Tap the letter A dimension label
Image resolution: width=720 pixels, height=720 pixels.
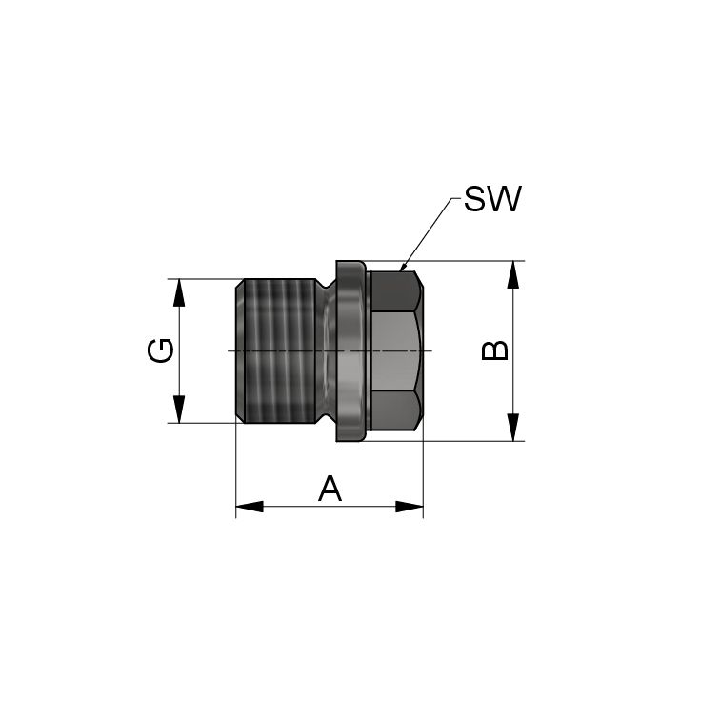tap(329, 490)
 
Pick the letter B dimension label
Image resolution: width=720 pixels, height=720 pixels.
tap(495, 350)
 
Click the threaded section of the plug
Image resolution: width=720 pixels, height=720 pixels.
tap(276, 350)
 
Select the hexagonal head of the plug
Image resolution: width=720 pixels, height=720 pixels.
tap(395, 350)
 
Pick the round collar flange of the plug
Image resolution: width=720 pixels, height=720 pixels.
tap(350, 350)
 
